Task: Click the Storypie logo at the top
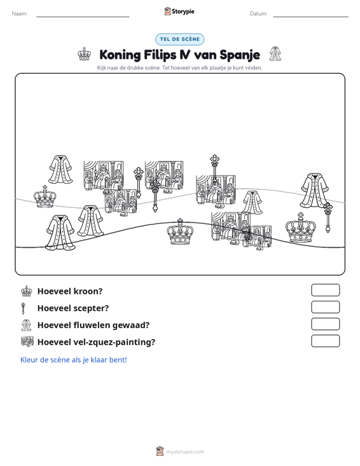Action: coord(179,11)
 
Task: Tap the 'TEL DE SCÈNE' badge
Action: coord(180,39)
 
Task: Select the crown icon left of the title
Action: coord(85,54)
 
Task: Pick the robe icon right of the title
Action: coord(275,54)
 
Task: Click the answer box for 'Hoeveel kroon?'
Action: coord(326,290)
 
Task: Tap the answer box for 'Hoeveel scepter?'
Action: coord(326,307)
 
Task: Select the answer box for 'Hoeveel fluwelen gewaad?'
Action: coord(326,324)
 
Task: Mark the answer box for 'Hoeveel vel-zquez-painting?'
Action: coord(326,341)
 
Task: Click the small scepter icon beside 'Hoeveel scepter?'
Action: coord(24,308)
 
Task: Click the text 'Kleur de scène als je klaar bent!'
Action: coord(73,360)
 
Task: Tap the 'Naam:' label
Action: coord(20,14)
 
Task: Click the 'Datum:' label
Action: coord(258,14)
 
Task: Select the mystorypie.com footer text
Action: coord(185,452)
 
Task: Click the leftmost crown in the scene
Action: coord(45,196)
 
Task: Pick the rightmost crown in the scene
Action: coord(301,228)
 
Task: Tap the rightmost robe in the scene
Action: coord(314,191)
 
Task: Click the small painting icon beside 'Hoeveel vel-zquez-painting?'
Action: coord(27,342)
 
